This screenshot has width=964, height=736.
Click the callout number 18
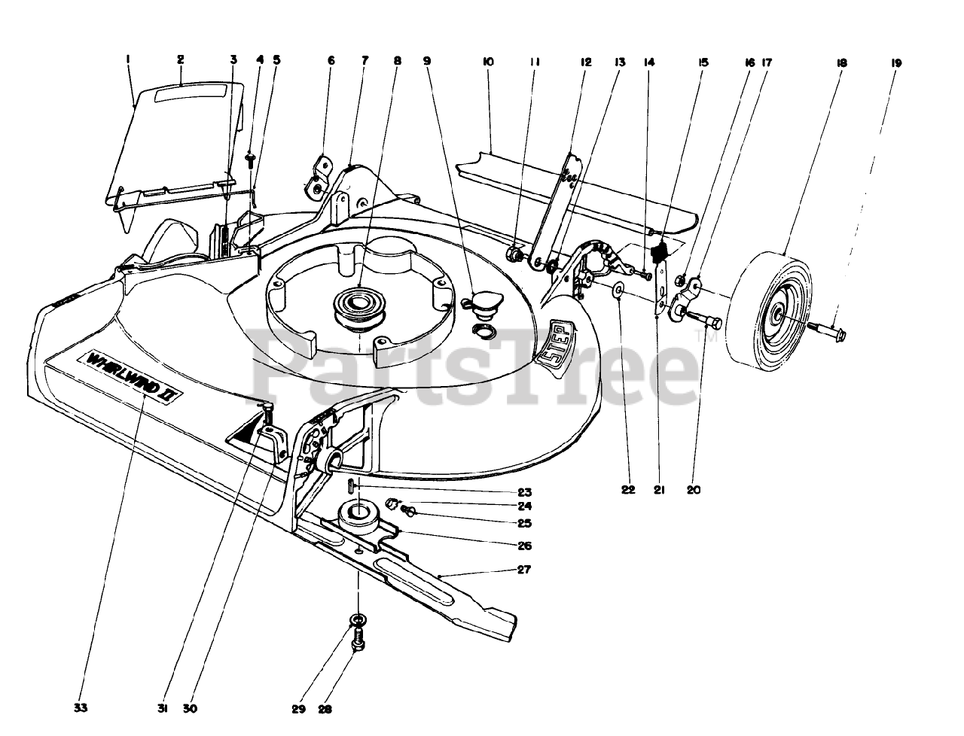[x=841, y=64]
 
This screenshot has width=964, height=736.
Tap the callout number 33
[x=81, y=707]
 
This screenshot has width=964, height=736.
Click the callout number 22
[x=628, y=490]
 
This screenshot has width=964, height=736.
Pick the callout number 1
[x=129, y=59]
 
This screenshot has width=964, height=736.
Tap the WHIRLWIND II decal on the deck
[x=132, y=373]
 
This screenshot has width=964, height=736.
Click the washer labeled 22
[x=618, y=289]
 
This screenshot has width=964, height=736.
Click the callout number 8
[x=398, y=61]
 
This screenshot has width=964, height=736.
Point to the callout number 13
[x=619, y=63]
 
